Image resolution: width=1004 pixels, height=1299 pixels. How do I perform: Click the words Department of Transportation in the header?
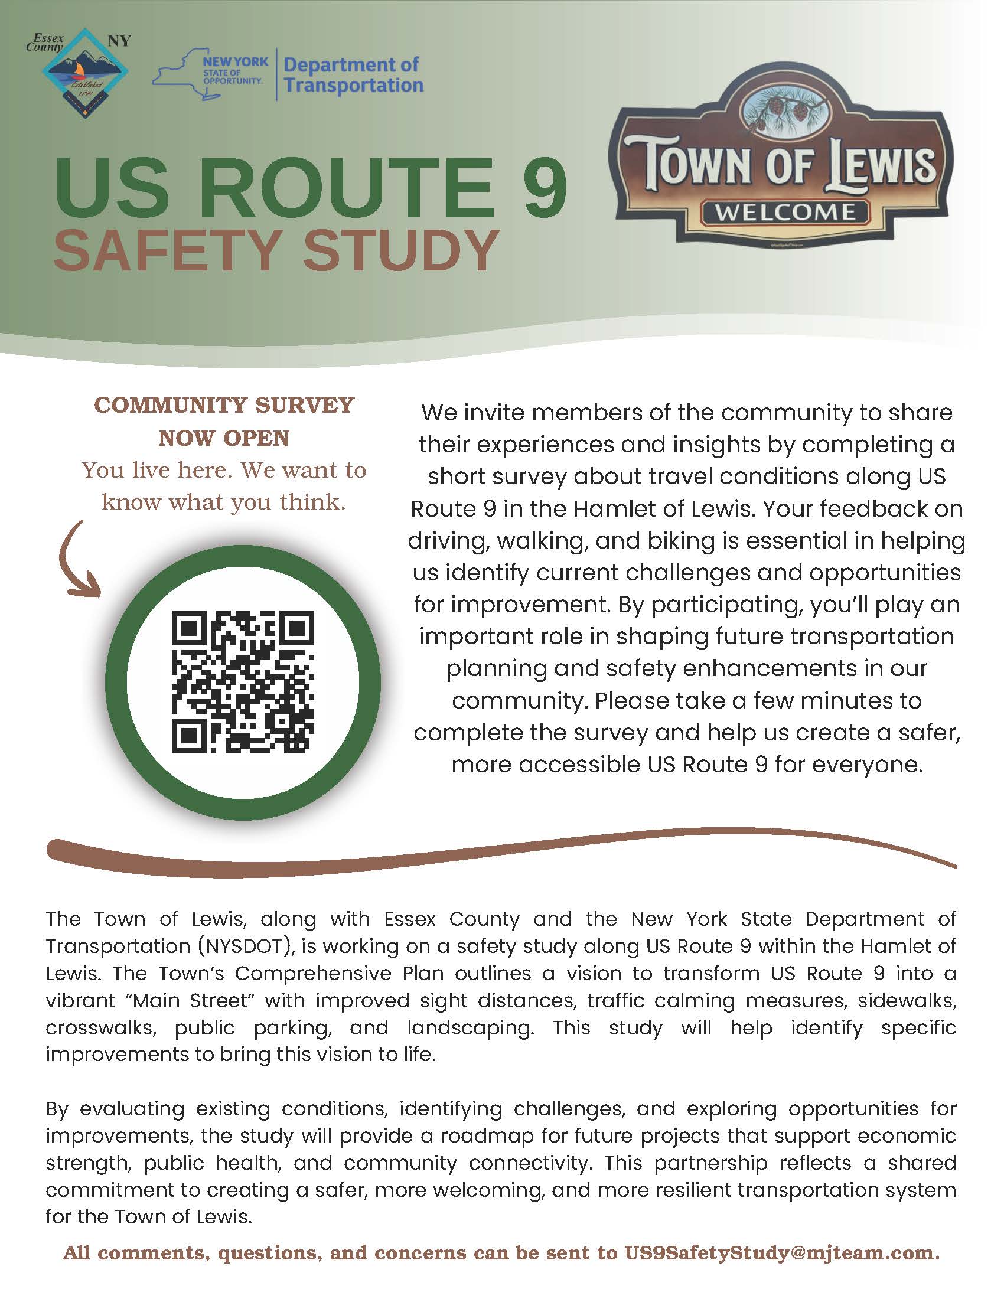353,75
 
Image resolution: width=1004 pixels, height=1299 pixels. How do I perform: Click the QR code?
243,681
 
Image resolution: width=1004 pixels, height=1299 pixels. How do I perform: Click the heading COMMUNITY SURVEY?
224,405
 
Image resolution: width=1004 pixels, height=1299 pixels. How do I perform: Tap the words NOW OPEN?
224,438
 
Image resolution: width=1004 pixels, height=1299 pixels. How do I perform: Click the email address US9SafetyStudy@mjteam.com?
780,1252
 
